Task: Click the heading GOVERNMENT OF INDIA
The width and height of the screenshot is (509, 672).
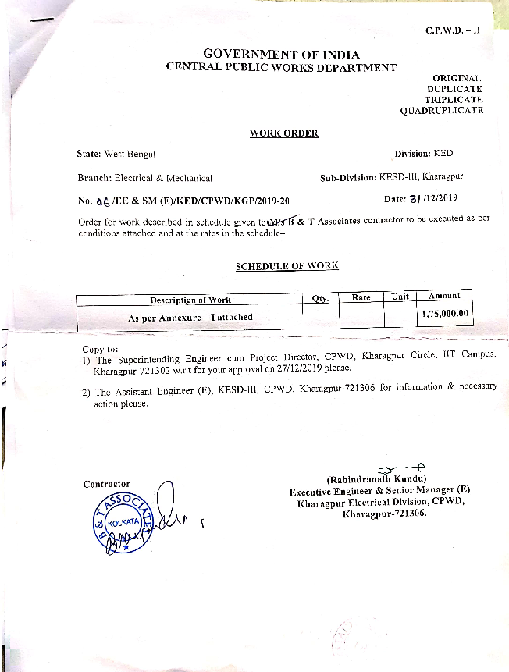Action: tap(281, 54)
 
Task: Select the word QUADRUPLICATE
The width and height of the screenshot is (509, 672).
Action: tap(441, 111)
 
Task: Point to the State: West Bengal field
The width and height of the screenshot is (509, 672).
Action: tap(116, 155)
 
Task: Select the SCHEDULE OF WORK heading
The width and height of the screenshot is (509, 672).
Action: tap(287, 266)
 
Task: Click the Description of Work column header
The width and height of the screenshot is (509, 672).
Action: tap(190, 300)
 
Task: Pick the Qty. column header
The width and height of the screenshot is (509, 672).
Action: tap(320, 298)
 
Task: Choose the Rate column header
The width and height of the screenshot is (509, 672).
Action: tap(361, 297)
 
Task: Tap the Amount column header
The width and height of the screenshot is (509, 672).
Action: tap(444, 296)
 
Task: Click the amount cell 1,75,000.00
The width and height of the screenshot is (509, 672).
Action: tap(444, 314)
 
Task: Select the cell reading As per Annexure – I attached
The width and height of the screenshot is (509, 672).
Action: tap(190, 318)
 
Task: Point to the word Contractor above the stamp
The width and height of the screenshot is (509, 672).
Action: tap(107, 484)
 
